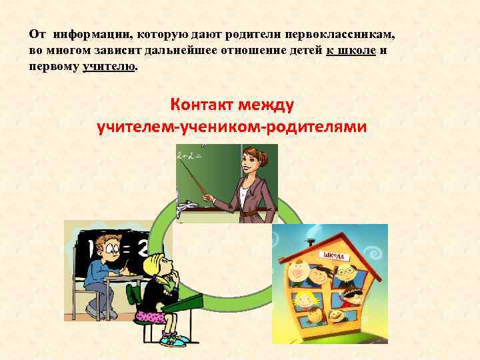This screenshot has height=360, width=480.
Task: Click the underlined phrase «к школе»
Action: (x=351, y=51)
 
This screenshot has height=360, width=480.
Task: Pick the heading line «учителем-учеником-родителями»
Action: (x=231, y=126)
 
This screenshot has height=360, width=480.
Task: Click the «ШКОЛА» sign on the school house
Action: (x=335, y=255)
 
